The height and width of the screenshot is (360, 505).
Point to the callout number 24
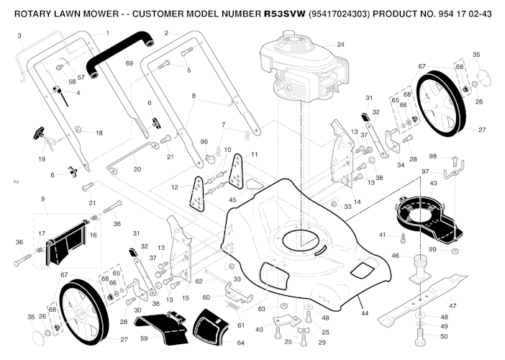(340, 45)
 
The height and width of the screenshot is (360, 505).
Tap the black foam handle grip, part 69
(122, 50)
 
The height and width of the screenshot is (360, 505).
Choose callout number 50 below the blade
(444, 336)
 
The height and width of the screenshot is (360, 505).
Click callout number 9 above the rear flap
(42, 199)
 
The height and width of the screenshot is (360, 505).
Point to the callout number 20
(137, 170)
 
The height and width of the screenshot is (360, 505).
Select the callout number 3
(19, 35)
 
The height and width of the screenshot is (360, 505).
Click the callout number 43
(433, 184)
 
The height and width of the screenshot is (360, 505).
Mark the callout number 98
(432, 156)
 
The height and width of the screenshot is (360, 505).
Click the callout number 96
(204, 142)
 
